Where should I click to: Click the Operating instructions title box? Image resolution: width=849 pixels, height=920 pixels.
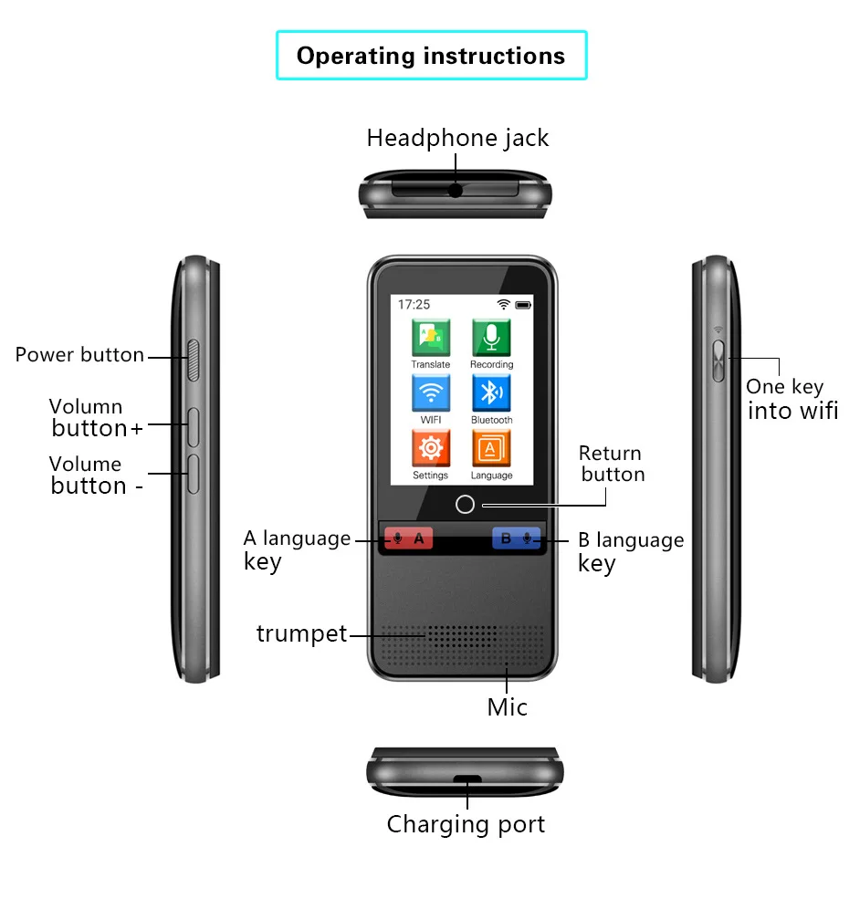pos(431,56)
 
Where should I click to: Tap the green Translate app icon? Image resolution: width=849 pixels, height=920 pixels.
pos(430,338)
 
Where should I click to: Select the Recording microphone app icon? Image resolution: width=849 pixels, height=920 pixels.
pos(491,338)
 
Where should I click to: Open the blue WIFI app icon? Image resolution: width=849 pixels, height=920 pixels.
pos(430,394)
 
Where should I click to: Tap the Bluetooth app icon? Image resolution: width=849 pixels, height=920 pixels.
pos(491,394)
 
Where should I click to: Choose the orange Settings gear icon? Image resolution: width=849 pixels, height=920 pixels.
pos(430,449)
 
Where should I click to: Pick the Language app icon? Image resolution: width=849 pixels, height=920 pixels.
pos(491,449)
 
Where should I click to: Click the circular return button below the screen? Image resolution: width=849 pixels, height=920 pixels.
pos(465,505)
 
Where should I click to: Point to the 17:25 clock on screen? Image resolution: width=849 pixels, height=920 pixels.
pos(414,305)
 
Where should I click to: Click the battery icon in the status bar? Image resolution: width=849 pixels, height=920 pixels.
pos(523,305)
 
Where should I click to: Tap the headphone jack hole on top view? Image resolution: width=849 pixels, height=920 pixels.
pos(455,191)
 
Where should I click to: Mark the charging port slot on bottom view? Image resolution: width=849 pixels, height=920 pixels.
pos(467,779)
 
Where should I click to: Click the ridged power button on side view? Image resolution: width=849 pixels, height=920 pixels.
pos(193,359)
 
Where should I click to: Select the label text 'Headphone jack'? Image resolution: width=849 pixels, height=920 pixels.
pos(457,138)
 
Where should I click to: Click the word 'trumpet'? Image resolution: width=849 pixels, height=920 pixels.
pos(301,633)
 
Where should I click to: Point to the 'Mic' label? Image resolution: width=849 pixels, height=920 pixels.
pos(507,706)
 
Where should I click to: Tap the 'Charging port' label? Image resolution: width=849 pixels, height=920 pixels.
pos(466,824)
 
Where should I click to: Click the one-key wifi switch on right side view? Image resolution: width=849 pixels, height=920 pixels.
pos(718,360)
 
